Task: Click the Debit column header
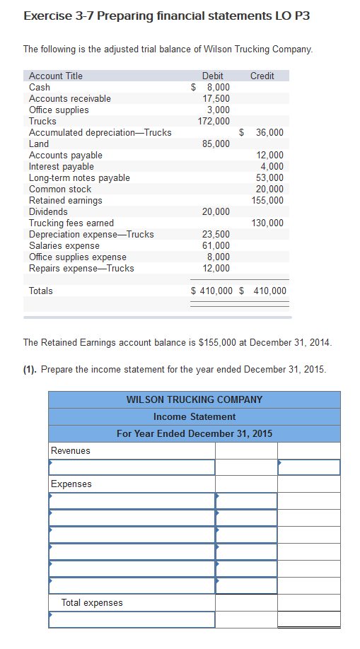212,76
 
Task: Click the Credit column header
262,76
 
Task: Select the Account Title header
55,76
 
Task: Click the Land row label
39,144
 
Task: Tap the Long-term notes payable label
79,177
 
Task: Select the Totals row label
41,291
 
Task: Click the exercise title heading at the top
166,16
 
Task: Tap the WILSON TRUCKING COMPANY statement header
194,399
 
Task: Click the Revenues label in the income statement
71,450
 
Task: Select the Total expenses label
92,602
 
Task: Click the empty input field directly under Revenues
132,467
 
